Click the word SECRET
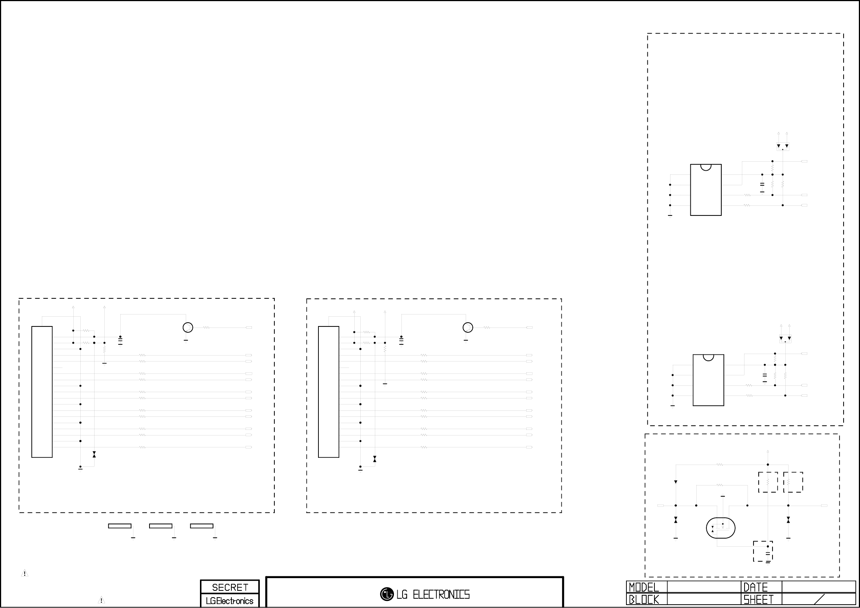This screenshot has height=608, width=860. click(x=230, y=587)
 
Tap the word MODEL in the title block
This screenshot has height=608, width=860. click(x=644, y=587)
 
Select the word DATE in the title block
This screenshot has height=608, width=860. click(x=755, y=587)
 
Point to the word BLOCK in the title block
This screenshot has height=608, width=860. click(x=644, y=600)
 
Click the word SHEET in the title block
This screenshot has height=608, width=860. click(x=758, y=600)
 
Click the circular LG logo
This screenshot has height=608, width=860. click(x=387, y=594)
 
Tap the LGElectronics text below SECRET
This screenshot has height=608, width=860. click(x=229, y=601)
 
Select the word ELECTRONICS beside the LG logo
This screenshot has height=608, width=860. click(x=441, y=594)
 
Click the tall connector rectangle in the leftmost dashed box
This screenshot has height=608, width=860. click(x=42, y=392)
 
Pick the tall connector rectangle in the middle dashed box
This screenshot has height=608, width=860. click(x=329, y=392)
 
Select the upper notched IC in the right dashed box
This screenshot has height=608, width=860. click(x=706, y=190)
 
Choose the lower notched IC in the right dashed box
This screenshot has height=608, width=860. click(x=708, y=380)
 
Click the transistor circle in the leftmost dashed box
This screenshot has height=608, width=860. click(x=188, y=328)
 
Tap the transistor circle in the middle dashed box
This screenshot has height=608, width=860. click(x=468, y=328)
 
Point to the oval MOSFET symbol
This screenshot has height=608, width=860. click(x=721, y=528)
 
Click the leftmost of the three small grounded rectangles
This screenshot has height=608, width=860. click(x=120, y=526)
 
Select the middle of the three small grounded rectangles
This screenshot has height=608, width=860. click(x=161, y=526)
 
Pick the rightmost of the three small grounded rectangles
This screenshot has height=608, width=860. click(x=201, y=526)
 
